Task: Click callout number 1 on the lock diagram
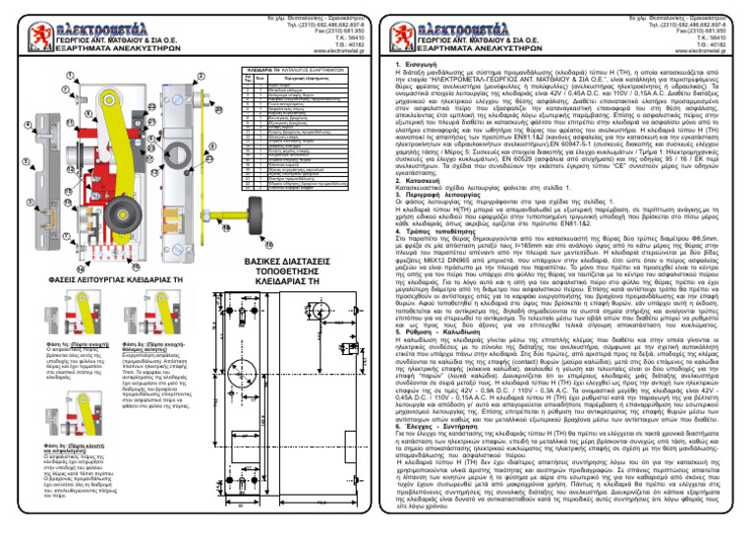click(x=17, y=76)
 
